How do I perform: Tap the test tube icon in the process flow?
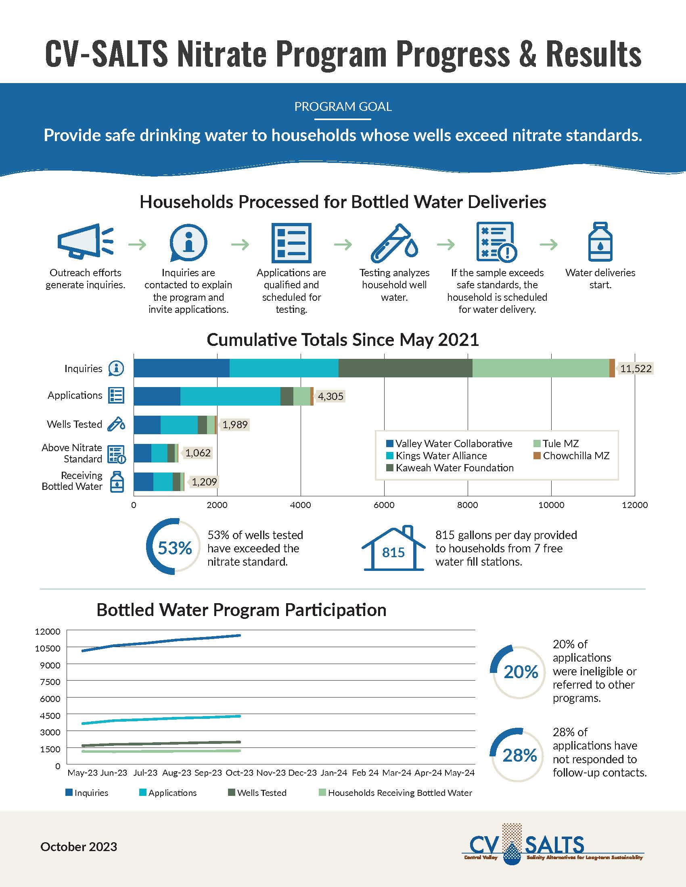click(394, 243)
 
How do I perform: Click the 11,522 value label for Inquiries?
click(636, 369)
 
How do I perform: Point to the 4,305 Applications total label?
click(330, 396)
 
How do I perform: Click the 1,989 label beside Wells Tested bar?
click(235, 425)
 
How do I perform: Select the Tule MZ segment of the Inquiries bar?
click(540, 369)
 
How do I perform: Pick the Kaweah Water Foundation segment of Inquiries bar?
click(405, 369)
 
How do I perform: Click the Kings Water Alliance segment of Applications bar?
click(230, 396)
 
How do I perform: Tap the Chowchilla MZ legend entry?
click(572, 456)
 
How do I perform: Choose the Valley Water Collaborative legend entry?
click(450, 443)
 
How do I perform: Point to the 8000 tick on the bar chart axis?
click(468, 505)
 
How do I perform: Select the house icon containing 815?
click(393, 549)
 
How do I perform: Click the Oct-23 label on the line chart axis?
click(239, 772)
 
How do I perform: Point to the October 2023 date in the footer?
click(79, 847)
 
